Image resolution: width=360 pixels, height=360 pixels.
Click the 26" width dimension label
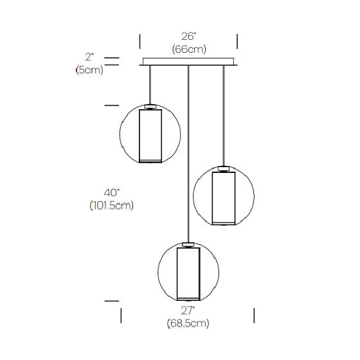(x=189, y=36)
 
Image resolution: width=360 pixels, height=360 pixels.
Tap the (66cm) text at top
(x=189, y=49)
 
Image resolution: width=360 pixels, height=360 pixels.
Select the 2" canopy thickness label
(x=89, y=57)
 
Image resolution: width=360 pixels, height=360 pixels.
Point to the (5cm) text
(x=89, y=70)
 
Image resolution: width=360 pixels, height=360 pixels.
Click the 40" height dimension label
(x=112, y=193)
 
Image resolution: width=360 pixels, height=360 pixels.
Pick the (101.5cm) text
(x=112, y=205)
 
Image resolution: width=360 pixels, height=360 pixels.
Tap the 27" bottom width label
(x=188, y=310)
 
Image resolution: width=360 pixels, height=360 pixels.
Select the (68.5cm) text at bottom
(x=188, y=323)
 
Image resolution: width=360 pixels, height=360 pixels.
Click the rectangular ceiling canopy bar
(x=188, y=62)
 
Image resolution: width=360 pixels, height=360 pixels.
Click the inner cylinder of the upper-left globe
(x=150, y=136)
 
